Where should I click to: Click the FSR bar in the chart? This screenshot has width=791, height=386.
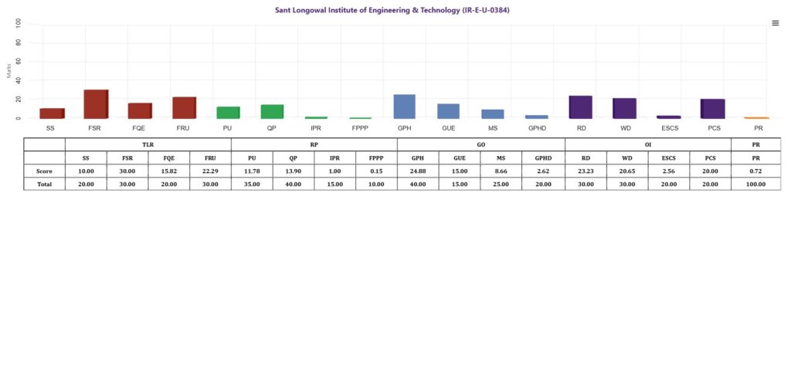point(96,104)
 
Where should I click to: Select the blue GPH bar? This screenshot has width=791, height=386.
point(405,107)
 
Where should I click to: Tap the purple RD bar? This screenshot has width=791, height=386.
point(580,107)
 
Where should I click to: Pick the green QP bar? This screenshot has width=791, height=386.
point(272,111)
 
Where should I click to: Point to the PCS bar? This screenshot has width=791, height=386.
point(713,109)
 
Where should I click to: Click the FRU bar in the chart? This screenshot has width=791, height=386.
point(184,107)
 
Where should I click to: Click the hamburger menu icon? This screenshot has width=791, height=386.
point(776,23)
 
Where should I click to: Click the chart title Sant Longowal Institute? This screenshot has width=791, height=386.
point(392,10)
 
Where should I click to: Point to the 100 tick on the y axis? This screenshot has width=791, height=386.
point(19,24)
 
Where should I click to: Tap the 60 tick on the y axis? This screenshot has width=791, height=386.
point(19,62)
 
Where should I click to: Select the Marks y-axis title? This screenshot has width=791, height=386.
point(8,72)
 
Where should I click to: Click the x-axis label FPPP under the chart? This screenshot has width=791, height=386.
point(360,128)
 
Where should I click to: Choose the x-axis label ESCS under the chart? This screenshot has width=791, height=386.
point(669,128)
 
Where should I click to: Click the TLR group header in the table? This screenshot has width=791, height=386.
point(148,144)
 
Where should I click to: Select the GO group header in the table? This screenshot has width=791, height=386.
point(480,144)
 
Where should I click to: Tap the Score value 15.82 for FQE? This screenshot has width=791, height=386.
point(168,171)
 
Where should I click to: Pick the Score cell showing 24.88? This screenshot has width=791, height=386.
point(418,171)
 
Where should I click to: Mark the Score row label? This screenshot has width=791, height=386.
point(44,171)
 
